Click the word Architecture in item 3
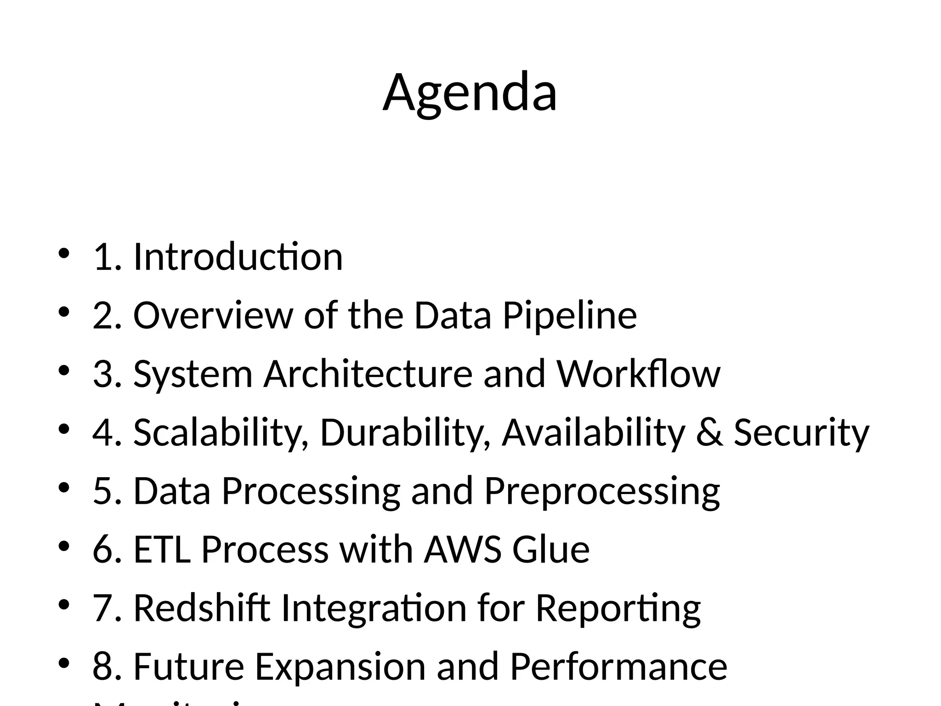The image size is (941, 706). (x=368, y=374)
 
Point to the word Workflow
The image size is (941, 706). (x=639, y=374)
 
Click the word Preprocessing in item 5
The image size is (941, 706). (x=602, y=491)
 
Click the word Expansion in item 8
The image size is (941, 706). (x=340, y=666)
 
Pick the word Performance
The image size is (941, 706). (x=618, y=666)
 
